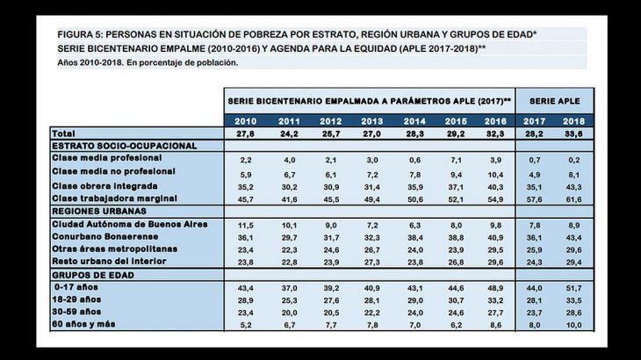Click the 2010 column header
click(x=246, y=120)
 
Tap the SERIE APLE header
click(x=554, y=101)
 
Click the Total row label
click(x=64, y=133)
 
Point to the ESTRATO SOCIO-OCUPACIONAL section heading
click(x=123, y=146)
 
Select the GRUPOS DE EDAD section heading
click(x=91, y=276)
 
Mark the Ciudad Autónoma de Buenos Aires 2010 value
click(x=246, y=226)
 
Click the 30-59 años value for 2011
click(x=287, y=313)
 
